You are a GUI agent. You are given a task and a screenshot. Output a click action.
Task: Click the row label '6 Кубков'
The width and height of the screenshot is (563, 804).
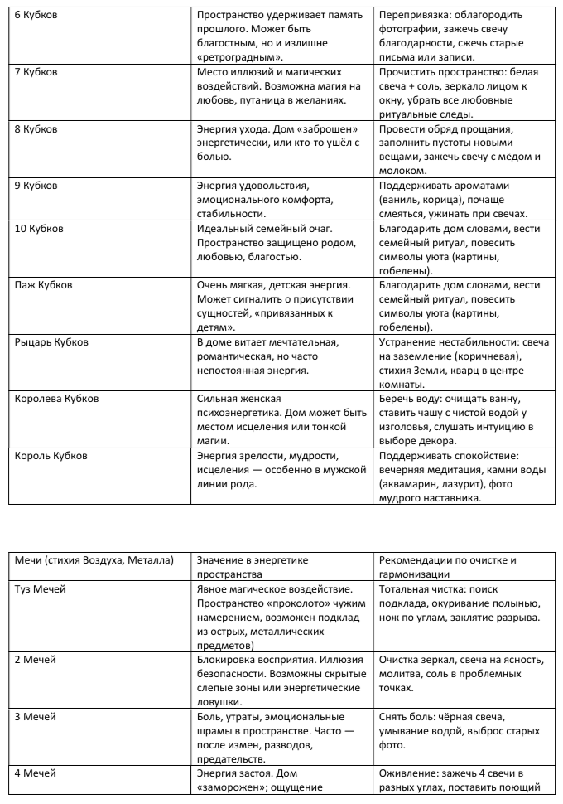(x=36, y=16)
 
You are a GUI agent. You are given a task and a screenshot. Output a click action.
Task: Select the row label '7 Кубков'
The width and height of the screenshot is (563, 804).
(x=36, y=72)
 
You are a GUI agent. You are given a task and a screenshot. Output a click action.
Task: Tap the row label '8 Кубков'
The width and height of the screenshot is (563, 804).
(x=36, y=129)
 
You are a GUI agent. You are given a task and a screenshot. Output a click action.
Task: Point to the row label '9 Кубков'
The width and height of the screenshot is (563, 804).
(x=36, y=186)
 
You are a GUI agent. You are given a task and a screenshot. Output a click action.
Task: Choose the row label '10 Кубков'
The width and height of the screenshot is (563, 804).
(x=39, y=228)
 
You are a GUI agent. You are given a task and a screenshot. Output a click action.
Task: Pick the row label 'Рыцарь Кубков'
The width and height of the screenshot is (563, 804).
(x=52, y=341)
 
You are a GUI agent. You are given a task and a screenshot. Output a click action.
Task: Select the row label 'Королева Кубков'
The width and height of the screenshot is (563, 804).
(x=57, y=399)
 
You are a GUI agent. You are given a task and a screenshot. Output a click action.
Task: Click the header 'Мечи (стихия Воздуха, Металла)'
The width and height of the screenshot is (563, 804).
(x=94, y=560)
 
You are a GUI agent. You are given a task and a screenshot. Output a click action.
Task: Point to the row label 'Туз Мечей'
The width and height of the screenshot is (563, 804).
(x=41, y=588)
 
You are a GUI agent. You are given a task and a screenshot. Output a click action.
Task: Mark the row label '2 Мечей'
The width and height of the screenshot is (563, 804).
(x=36, y=660)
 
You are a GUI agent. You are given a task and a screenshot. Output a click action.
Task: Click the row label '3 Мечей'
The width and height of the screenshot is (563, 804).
(x=36, y=717)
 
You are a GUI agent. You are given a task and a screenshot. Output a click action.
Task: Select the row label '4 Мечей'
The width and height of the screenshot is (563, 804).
(x=36, y=773)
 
